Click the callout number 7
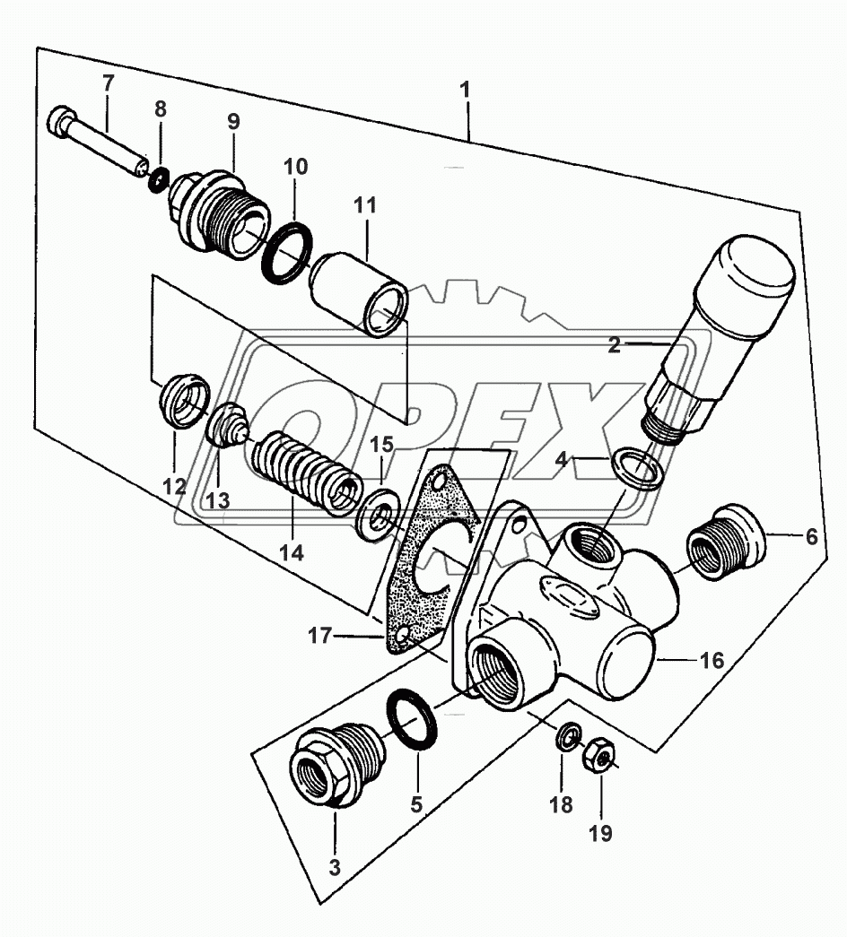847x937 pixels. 108,83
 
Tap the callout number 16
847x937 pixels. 710,662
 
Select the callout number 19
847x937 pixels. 600,833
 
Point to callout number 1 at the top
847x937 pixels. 465,91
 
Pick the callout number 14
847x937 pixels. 291,553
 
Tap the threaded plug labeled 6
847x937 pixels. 724,541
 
